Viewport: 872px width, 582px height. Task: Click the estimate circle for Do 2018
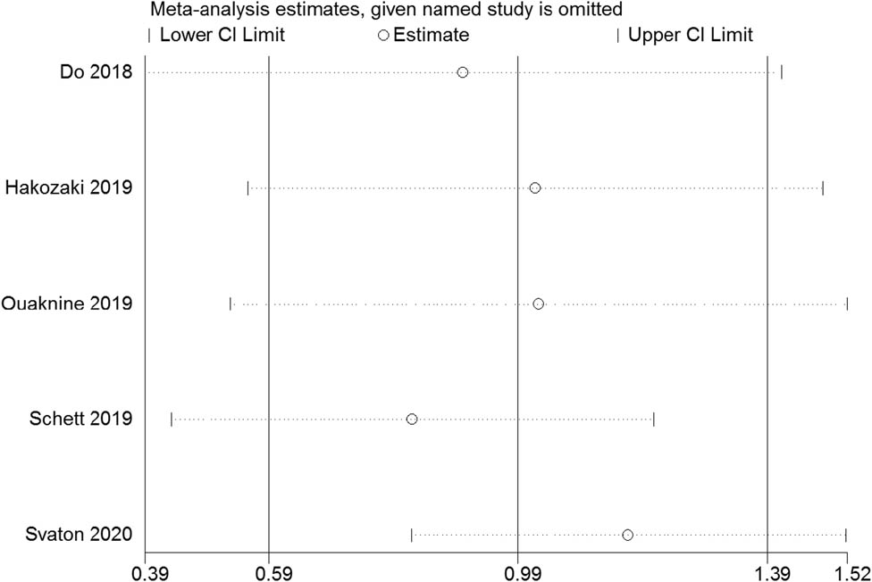(x=462, y=72)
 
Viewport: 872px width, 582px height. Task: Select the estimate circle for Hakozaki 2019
(x=534, y=187)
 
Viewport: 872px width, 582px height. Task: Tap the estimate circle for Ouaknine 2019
(x=538, y=303)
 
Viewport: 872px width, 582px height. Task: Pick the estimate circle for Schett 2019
(x=412, y=419)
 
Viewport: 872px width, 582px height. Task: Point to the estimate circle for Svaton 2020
(x=627, y=535)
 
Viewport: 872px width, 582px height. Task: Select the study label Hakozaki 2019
(x=69, y=187)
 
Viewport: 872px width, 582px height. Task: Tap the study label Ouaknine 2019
(x=68, y=303)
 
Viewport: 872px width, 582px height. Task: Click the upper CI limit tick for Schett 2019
(x=653, y=419)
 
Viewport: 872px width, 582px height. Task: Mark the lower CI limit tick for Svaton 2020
(x=411, y=535)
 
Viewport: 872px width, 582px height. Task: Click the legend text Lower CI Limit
(x=222, y=36)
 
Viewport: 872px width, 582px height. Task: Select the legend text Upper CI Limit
(x=690, y=36)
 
